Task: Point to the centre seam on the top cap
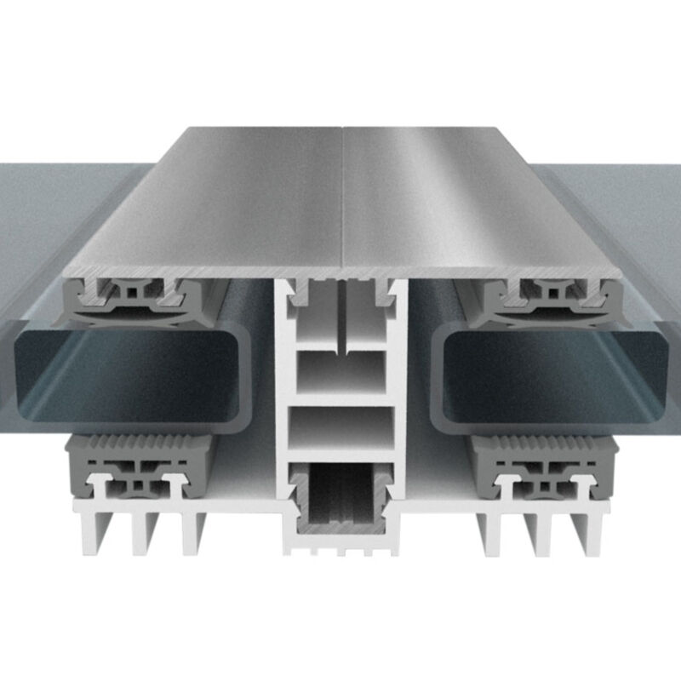[x=342, y=196]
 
